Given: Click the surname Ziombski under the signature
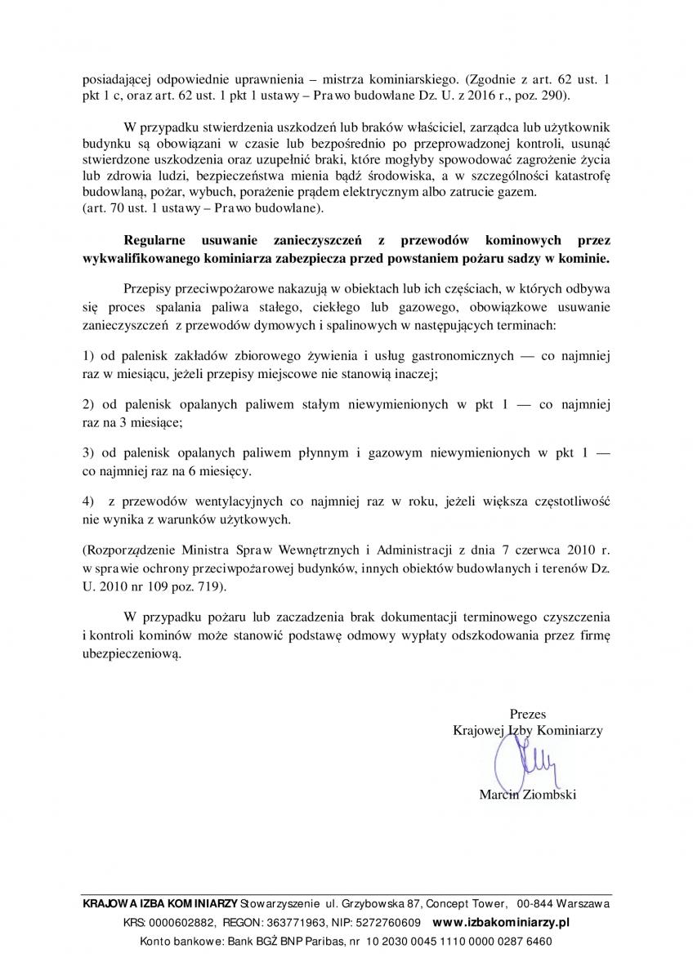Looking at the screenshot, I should click(548, 795).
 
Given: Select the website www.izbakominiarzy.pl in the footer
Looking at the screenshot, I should click(500, 922).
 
